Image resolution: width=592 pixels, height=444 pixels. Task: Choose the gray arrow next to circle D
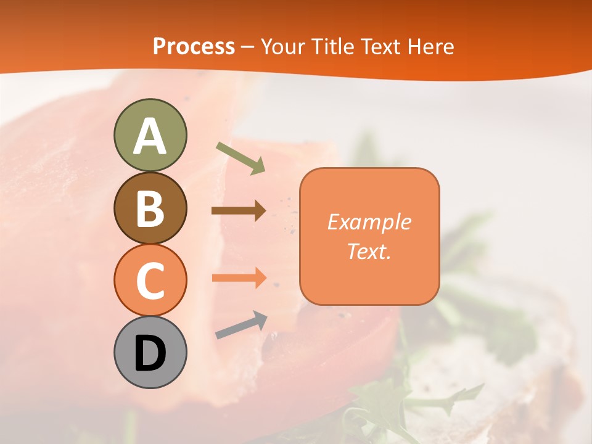click(241, 325)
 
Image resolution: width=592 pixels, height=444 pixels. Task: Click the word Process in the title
click(194, 46)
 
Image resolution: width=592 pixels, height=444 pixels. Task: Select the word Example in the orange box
click(369, 222)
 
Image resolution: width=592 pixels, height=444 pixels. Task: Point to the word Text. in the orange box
click(369, 252)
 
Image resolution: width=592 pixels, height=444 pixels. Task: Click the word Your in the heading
click(283, 46)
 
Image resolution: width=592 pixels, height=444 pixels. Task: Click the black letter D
click(150, 353)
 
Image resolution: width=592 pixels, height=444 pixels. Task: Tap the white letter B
click(150, 208)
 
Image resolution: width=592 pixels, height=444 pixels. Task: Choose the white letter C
click(150, 281)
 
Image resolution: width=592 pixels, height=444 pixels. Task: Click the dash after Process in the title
click(248, 47)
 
